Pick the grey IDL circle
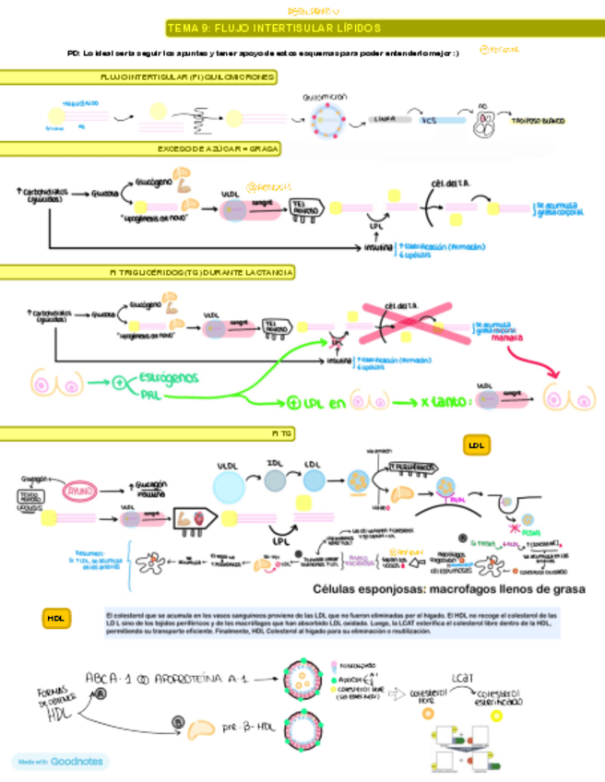coord(274,479)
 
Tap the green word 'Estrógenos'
coord(172,378)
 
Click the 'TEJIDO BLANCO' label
coord(539,121)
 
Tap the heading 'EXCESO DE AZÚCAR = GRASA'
coord(219,148)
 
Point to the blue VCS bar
coord(429,119)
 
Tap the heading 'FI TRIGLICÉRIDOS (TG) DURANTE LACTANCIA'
coord(201,273)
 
